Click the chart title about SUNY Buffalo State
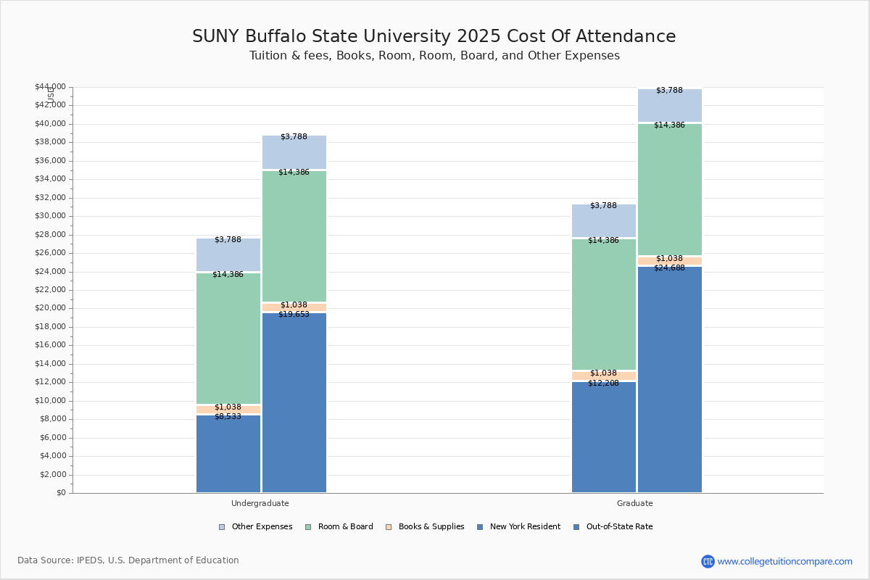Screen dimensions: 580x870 pos(434,37)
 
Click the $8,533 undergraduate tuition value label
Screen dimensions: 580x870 pos(228,417)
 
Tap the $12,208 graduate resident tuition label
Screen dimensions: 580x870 pos(603,383)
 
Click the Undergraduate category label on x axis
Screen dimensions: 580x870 pos(260,503)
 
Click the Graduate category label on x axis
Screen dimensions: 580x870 pos(634,503)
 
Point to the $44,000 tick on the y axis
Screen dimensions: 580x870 pos(50,87)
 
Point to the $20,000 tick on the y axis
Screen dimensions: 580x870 pos(50,308)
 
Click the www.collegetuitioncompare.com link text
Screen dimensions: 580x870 pos(784,561)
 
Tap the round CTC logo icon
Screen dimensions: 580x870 pos(708,561)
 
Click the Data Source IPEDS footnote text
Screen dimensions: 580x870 pos(128,560)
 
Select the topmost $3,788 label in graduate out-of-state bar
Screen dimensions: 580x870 pos(669,91)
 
